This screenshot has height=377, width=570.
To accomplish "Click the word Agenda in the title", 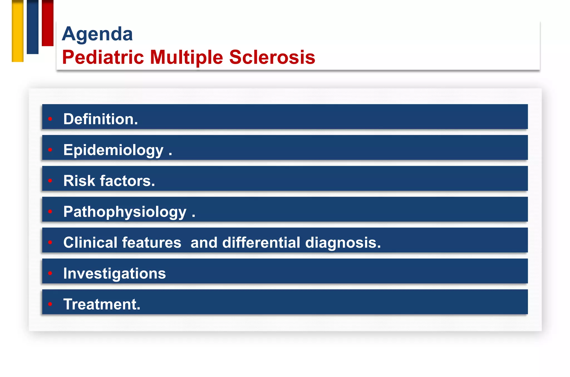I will (x=97, y=34).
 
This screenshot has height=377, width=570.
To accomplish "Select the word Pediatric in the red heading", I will (x=103, y=57).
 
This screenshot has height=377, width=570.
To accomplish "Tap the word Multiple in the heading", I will (x=186, y=57).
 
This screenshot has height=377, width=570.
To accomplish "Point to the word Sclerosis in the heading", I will (x=272, y=57).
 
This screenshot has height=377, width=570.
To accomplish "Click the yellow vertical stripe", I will (x=18, y=31).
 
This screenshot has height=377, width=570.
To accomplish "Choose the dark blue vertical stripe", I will (x=33, y=27).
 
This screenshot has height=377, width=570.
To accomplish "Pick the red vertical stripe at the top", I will (x=48, y=23).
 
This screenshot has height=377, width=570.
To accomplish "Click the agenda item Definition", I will (x=100, y=119).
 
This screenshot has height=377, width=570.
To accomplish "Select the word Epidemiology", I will (x=113, y=150).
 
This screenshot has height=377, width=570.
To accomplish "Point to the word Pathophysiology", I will (x=125, y=212).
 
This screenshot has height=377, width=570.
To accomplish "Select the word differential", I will (x=261, y=243).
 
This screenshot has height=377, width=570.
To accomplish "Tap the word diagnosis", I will (x=343, y=243).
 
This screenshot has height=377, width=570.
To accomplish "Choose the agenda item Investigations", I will (x=114, y=273).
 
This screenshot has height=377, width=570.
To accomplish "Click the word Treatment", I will (x=102, y=304).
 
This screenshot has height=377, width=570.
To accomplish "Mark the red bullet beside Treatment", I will (x=50, y=304).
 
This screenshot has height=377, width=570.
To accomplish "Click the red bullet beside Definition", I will (x=50, y=119).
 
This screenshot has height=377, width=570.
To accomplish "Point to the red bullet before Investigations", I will (x=50, y=273).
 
